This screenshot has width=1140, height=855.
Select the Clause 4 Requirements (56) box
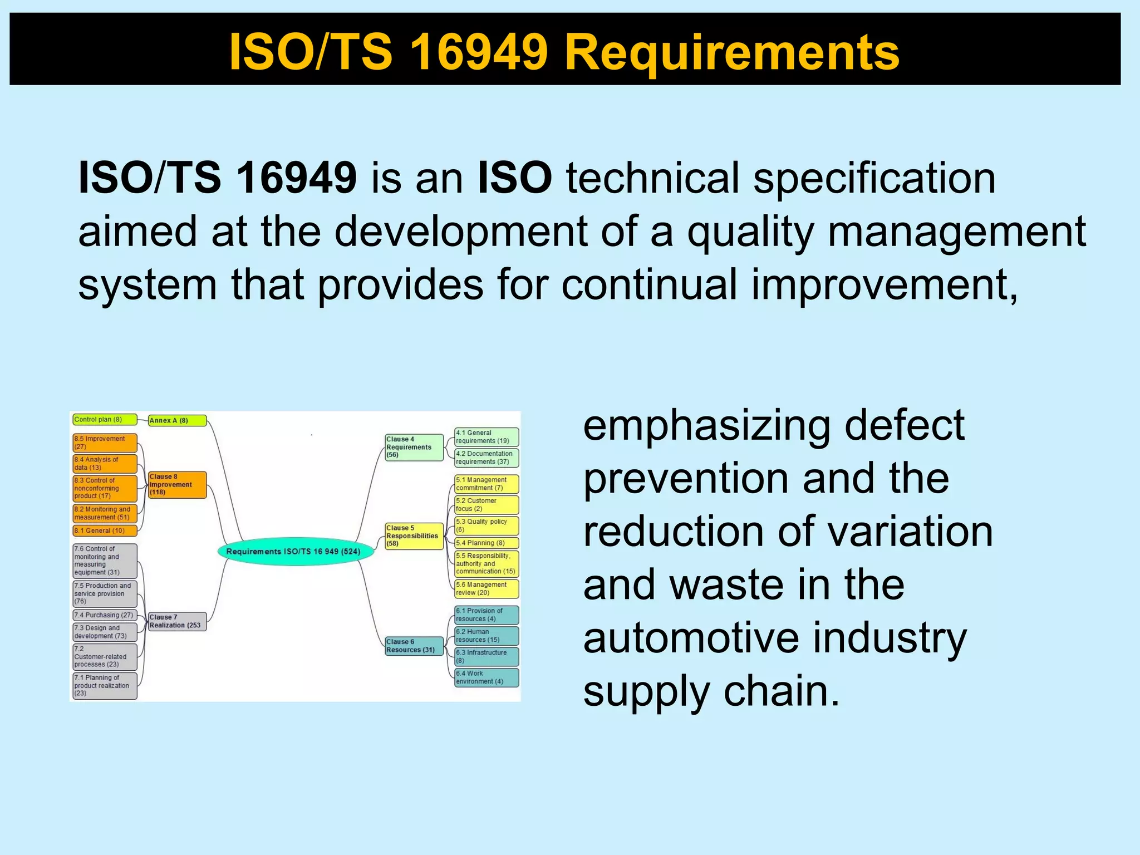[x=414, y=447]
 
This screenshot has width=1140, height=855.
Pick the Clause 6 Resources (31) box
[x=414, y=646]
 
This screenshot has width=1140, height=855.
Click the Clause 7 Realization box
[x=177, y=621]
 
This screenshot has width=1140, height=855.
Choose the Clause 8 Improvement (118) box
[x=177, y=484]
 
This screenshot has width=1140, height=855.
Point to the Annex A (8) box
[x=177, y=420]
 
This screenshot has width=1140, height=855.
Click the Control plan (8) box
[x=105, y=420]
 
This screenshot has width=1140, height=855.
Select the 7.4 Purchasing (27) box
[x=105, y=615]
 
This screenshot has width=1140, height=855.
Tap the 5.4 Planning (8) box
[x=487, y=543]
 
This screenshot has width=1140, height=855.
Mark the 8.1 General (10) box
[x=105, y=530]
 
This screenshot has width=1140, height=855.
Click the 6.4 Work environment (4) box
[x=487, y=677]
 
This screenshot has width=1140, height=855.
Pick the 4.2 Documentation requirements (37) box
[x=487, y=458]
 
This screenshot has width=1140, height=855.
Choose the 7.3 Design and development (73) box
[x=105, y=632]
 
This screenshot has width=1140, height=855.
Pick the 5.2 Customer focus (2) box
[x=487, y=504]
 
